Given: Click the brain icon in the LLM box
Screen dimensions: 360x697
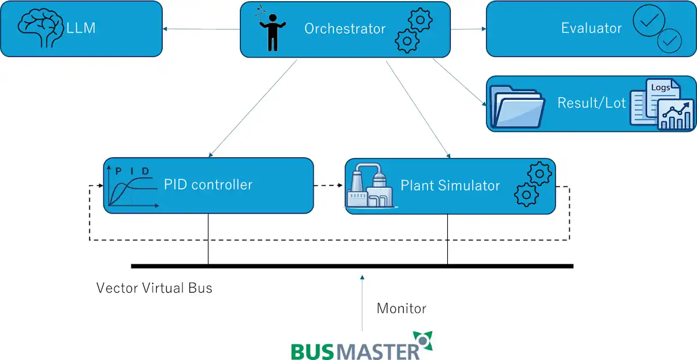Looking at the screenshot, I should click(x=40, y=28).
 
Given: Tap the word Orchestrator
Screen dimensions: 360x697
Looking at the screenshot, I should click(x=344, y=28).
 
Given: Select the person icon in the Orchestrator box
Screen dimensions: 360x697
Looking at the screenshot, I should click(x=271, y=29).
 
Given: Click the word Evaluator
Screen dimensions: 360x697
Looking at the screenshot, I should click(x=591, y=28).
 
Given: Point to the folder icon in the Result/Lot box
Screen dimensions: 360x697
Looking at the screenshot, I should click(x=516, y=106).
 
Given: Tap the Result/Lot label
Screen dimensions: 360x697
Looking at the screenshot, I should click(x=591, y=103).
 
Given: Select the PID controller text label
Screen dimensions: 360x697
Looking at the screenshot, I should click(x=208, y=185).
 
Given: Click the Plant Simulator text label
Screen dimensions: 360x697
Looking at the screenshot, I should click(x=450, y=185).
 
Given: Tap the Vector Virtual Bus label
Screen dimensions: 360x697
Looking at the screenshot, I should click(x=154, y=287).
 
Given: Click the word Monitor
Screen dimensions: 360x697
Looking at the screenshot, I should click(x=401, y=308).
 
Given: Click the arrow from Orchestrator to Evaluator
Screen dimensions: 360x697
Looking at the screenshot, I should click(x=468, y=28).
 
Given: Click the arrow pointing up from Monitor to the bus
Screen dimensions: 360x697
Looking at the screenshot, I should click(x=362, y=302).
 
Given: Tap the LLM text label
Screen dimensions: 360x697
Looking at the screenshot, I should click(x=81, y=28).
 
